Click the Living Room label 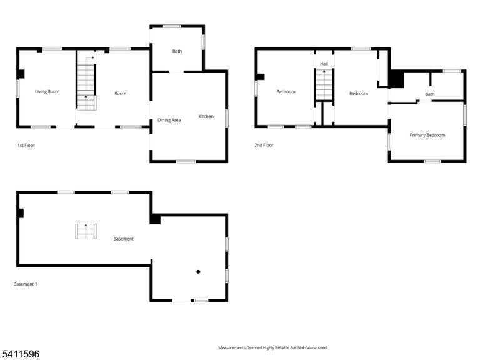click(47, 91)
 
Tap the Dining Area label click(169, 120)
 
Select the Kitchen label click(206, 116)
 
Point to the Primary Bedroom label click(427, 135)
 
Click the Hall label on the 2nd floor click(324, 64)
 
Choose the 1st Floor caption click(26, 146)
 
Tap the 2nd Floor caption click(264, 145)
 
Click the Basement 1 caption click(26, 284)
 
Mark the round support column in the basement click(198, 272)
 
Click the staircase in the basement click(86, 231)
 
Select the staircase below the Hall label click(324, 85)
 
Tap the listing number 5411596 click(20, 354)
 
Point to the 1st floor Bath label click(177, 51)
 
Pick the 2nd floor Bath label click(430, 94)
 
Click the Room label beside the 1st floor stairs click(120, 93)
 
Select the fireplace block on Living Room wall click(21, 74)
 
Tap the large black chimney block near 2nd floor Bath click(397, 79)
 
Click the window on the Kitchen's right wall click(227, 118)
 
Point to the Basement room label click(123, 239)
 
